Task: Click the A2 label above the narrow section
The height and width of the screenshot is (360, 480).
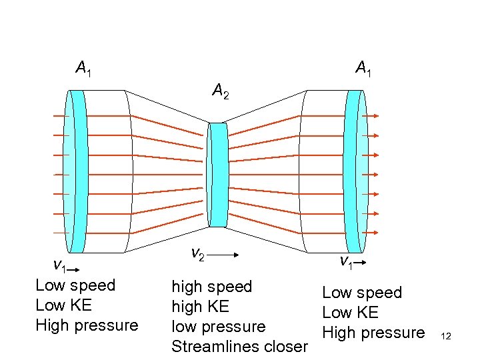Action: click(x=221, y=91)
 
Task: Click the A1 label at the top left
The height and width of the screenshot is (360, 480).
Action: click(x=84, y=68)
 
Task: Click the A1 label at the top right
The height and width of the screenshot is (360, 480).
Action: click(x=363, y=68)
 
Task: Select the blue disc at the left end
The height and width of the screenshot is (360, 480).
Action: click(x=78, y=171)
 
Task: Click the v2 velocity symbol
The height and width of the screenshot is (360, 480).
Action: click(x=197, y=254)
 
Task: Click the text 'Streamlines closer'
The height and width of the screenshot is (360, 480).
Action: click(x=239, y=347)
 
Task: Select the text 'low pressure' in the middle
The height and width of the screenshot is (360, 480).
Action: click(x=218, y=327)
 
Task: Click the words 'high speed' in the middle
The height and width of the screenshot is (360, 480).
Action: click(x=211, y=287)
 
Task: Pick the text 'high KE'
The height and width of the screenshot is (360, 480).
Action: click(x=200, y=307)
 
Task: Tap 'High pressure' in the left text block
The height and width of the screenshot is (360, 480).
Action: click(x=87, y=325)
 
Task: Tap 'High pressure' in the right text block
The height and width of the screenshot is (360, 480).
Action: click(x=373, y=332)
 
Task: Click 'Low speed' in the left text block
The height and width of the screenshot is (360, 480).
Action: click(x=75, y=285)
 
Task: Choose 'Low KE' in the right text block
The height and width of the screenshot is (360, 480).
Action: click(x=350, y=312)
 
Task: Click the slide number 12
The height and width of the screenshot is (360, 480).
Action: click(x=446, y=336)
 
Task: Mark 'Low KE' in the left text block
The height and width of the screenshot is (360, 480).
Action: click(x=63, y=305)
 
